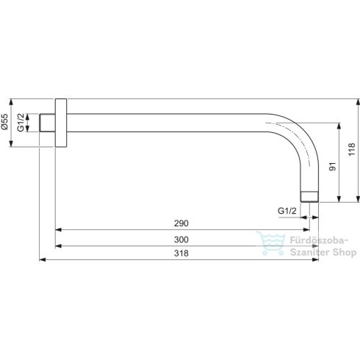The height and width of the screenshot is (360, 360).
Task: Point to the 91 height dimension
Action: tap(332, 168)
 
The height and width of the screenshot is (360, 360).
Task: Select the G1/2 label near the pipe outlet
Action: tap(287, 212)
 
